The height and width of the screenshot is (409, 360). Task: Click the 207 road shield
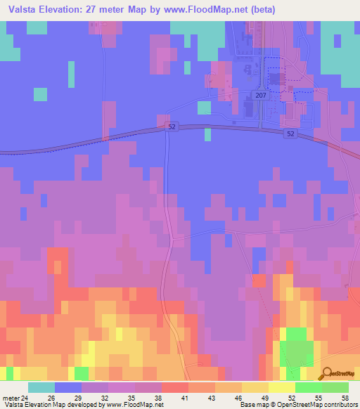[261, 96]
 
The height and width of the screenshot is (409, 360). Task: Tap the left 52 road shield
[172, 126]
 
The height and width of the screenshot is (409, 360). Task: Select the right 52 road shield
[290, 133]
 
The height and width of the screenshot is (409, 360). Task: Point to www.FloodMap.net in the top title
[205, 10]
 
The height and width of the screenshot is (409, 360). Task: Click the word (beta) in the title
[259, 10]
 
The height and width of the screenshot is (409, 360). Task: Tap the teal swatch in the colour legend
[41, 387]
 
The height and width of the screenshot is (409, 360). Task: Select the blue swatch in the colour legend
[68, 387]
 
